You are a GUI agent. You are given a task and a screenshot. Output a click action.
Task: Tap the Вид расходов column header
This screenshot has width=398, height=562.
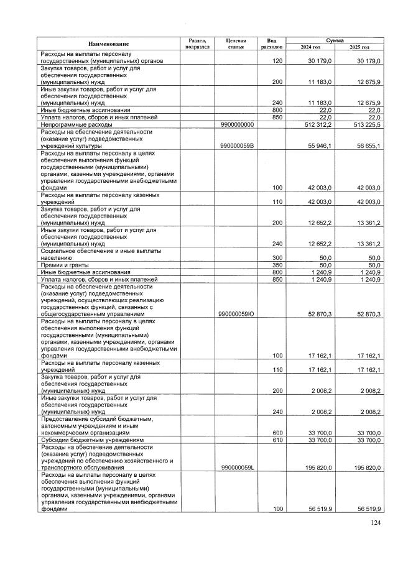272,44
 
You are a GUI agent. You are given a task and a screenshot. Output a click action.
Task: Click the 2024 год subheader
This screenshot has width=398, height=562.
310,47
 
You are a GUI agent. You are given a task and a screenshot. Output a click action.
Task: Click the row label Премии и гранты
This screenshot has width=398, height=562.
62,265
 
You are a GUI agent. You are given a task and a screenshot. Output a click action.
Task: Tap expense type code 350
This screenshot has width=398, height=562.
278,265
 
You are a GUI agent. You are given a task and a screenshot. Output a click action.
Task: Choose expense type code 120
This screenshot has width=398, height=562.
278,61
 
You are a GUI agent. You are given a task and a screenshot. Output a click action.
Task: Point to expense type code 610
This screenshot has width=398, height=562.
278,440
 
